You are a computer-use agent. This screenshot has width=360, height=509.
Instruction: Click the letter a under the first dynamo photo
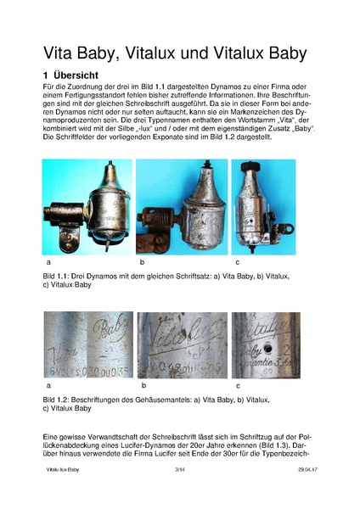click(x=46, y=266)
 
